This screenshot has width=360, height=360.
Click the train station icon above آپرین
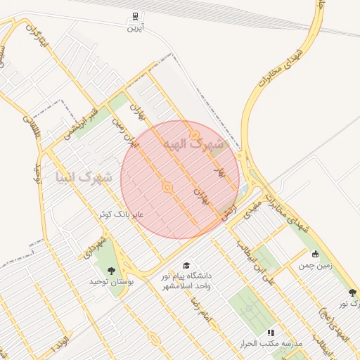pos(134,16)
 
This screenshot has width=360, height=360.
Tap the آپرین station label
pos(134,28)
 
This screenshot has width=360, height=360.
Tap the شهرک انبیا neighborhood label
pos(83,176)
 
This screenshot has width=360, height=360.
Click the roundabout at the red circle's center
pos(167,187)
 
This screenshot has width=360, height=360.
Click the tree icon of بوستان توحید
pos(110,269)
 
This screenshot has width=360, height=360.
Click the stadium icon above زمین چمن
pos(315,254)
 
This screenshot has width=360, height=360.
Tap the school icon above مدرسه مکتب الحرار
pos(271,332)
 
